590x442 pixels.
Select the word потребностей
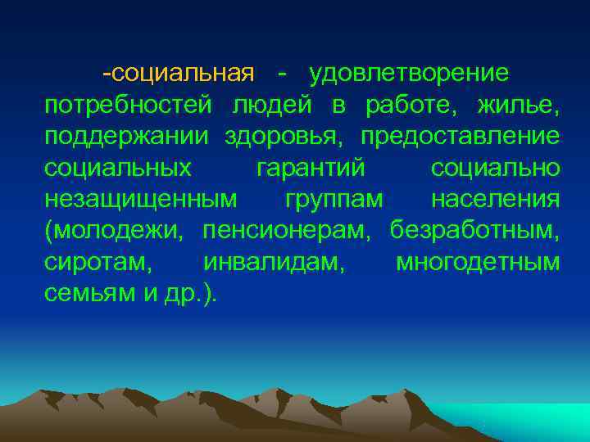pos(128,106)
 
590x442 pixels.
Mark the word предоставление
pos(460,137)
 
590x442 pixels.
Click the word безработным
pos(473,231)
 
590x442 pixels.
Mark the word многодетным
pos(478,263)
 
